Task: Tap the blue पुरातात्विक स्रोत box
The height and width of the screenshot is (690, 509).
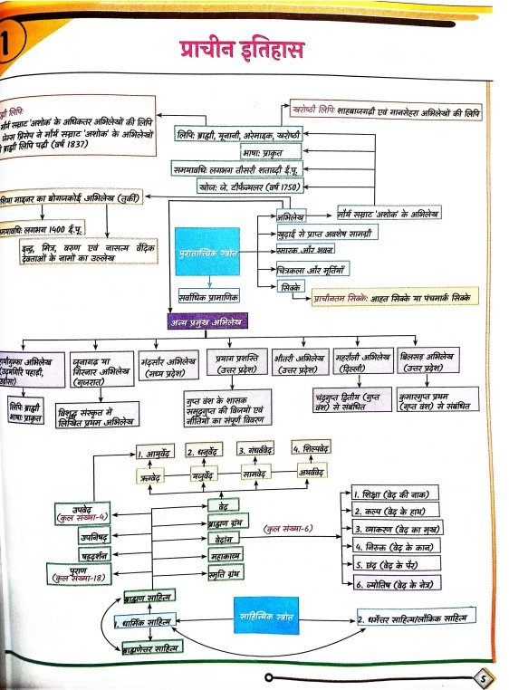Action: pyautogui.click(x=208, y=251)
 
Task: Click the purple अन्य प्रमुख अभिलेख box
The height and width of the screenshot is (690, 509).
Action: pyautogui.click(x=206, y=321)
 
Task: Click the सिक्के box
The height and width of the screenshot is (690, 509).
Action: pyautogui.click(x=293, y=286)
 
